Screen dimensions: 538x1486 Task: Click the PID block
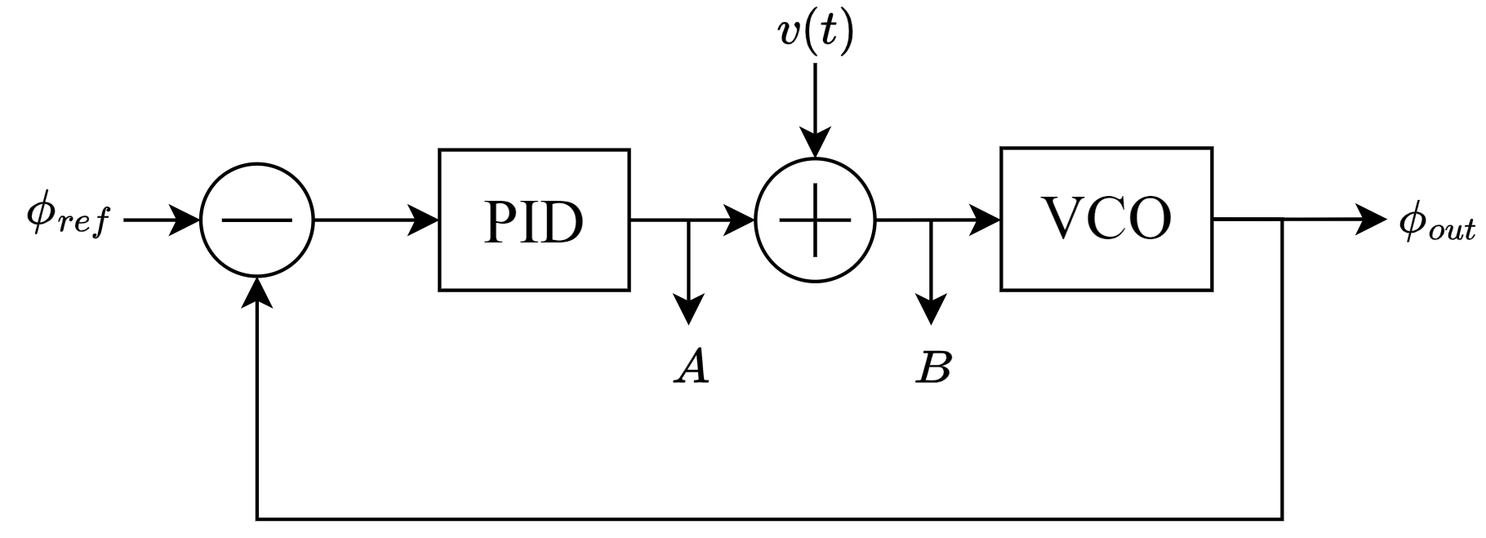[534, 220]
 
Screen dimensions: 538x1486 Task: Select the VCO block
[1106, 219]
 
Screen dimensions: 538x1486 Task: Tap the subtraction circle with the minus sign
[257, 220]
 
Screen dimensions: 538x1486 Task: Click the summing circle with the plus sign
[815, 220]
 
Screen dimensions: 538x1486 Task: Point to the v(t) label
[815, 34]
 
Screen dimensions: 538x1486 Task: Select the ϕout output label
[1437, 223]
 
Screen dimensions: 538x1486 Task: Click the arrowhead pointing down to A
[690, 311]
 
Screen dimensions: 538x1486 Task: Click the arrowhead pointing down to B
[932, 311]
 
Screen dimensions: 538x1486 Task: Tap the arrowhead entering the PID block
[425, 220]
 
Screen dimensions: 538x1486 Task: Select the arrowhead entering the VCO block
[985, 220]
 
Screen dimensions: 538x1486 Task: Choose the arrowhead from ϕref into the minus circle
[185, 220]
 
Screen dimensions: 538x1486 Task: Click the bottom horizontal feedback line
[767, 518]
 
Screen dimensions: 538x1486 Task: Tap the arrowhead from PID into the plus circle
[741, 220]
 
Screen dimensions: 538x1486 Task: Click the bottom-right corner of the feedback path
[1283, 518]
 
